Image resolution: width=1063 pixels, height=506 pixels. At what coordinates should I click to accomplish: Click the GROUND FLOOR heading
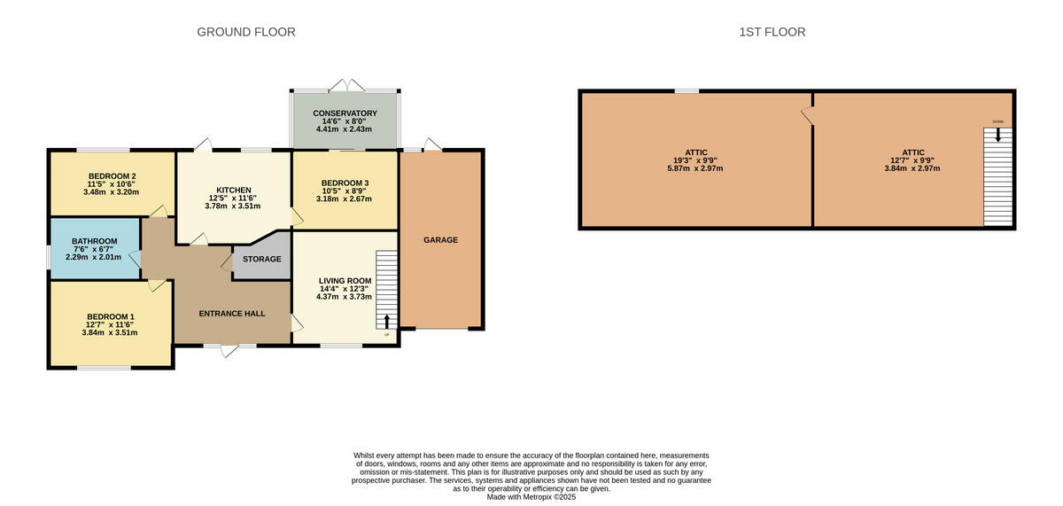[x=245, y=32]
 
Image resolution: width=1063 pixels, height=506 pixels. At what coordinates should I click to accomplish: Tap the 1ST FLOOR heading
[x=772, y=32]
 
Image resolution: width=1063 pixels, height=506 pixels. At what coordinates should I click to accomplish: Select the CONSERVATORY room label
[x=345, y=113]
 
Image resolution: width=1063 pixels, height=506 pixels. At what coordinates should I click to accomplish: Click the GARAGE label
[x=440, y=240]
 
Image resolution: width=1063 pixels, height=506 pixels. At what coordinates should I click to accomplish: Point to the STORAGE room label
[x=262, y=260]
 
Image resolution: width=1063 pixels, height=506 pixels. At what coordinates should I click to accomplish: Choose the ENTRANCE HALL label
[x=231, y=314]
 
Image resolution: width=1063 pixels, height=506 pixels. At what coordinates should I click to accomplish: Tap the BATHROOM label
[x=94, y=241]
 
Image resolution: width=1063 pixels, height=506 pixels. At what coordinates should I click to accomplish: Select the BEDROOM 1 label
[x=111, y=316]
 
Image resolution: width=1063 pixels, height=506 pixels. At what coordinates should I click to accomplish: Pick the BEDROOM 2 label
[x=112, y=175]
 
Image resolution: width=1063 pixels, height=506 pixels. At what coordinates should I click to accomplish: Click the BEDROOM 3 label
[x=345, y=183]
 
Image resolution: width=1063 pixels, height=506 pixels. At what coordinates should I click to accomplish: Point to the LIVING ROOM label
[x=345, y=281]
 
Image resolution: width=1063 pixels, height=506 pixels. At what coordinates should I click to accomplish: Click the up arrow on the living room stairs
[x=386, y=320]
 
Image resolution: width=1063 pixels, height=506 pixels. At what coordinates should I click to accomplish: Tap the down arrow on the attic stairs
[x=998, y=135]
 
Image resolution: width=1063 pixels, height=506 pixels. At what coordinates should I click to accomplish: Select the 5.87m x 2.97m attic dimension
[x=695, y=168]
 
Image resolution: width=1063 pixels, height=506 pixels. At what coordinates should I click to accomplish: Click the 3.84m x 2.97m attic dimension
[x=913, y=168]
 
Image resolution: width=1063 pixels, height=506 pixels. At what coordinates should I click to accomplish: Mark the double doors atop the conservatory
[x=345, y=84]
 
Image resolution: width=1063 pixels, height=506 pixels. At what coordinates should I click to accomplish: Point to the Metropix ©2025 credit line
[x=531, y=497]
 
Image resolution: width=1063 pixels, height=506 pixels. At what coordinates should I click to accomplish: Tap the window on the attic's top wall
[x=687, y=91]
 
